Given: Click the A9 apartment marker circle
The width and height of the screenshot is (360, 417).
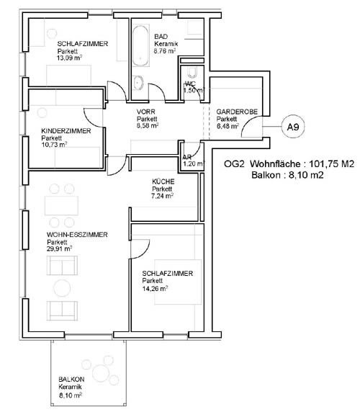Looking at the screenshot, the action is pyautogui.click(x=293, y=127).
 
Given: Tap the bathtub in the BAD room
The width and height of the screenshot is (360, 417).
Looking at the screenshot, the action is pyautogui.click(x=140, y=45).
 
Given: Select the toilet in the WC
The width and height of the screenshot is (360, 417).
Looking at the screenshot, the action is pyautogui.click(x=192, y=72).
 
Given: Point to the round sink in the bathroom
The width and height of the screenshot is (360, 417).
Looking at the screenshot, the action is pyautogui.click(x=138, y=82).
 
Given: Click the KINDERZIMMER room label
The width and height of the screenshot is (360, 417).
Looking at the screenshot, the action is pyautogui.click(x=66, y=131).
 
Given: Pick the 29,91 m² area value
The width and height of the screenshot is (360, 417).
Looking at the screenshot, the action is pyautogui.click(x=60, y=249).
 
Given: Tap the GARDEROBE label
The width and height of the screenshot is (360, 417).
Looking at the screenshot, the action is pyautogui.click(x=237, y=112).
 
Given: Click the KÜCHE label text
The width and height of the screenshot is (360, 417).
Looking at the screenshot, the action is pyautogui.click(x=163, y=181).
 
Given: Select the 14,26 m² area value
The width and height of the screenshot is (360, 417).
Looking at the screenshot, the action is pyautogui.click(x=155, y=288).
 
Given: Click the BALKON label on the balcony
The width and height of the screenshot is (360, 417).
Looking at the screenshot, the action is pyautogui.click(x=71, y=380).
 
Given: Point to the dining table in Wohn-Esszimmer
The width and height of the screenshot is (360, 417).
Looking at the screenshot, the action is pyautogui.click(x=61, y=205).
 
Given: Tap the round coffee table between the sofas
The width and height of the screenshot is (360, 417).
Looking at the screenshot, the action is pyautogui.click(x=62, y=288).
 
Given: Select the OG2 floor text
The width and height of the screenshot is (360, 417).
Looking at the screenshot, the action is pyautogui.click(x=234, y=163).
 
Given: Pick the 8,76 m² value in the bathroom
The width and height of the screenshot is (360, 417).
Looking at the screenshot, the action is pyautogui.click(x=165, y=51).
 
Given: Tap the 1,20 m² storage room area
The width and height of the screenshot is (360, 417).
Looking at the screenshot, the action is pyautogui.click(x=194, y=163).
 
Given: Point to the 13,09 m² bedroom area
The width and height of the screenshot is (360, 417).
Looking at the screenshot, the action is pyautogui.click(x=69, y=58).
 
